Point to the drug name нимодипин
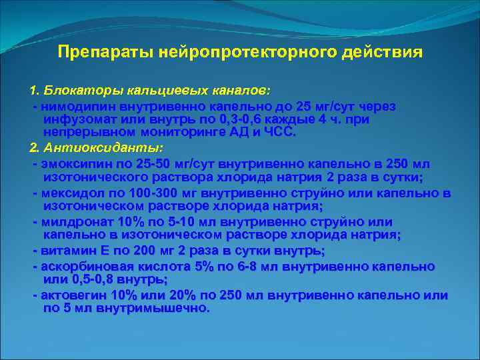click(x=71, y=107)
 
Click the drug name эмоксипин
click(x=71, y=164)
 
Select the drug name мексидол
click(x=69, y=193)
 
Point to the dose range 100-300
click(x=142, y=193)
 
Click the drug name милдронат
click(x=72, y=222)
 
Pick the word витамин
click(x=63, y=251)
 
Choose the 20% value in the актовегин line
click(x=179, y=295)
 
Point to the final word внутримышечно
click(x=153, y=308)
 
